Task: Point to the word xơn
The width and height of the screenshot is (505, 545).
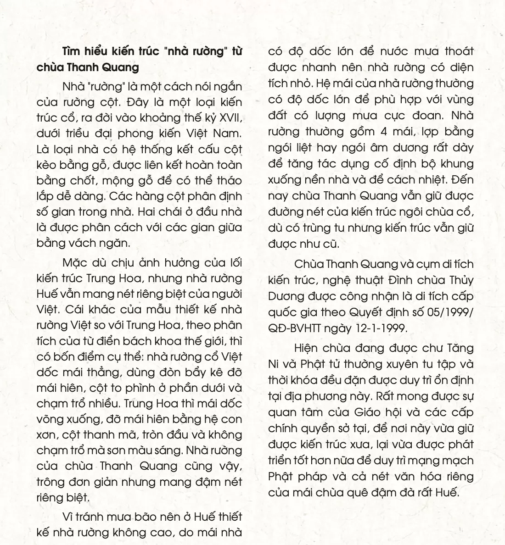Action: (46, 434)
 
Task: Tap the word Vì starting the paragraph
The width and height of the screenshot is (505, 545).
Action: (68, 517)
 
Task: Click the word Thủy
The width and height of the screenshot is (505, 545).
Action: (459, 280)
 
